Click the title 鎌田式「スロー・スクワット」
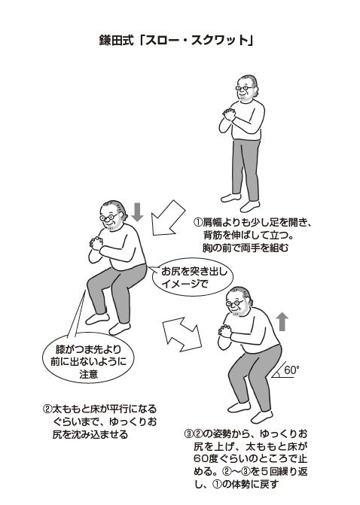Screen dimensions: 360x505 [x=175, y=41]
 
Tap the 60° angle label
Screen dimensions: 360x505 [x=291, y=370]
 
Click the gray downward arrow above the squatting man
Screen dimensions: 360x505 [x=138, y=212]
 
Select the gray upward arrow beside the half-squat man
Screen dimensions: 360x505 [x=282, y=321]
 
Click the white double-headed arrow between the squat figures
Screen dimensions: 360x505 [x=182, y=334]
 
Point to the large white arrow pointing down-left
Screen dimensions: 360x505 [x=168, y=218]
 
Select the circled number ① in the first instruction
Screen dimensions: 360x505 [x=197, y=223]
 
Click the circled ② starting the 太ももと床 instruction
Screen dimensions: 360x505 [x=47, y=409]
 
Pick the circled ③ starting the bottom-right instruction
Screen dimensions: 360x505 [x=188, y=434]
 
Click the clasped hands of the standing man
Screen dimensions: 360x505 [x=229, y=114]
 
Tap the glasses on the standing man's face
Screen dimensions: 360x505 [x=244, y=87]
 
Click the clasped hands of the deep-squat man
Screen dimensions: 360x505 [x=96, y=243]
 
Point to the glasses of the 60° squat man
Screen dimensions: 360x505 [x=235, y=303]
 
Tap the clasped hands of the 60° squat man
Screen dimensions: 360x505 [x=225, y=330]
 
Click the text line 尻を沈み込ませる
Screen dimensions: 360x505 [x=90, y=435]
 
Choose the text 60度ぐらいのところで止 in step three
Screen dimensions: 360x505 [x=251, y=459]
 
